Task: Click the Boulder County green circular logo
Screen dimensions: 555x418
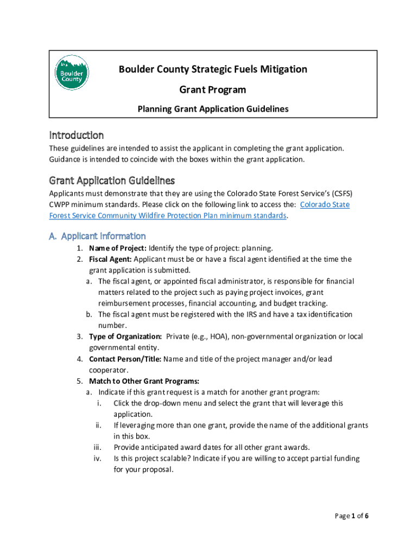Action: click(x=72, y=73)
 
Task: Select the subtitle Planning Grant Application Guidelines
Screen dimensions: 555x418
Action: click(x=213, y=109)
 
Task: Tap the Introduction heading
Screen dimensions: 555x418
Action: click(x=77, y=135)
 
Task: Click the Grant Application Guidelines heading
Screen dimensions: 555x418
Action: click(x=112, y=180)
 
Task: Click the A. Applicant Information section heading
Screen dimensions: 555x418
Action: click(x=97, y=236)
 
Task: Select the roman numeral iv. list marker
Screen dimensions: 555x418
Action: click(x=98, y=459)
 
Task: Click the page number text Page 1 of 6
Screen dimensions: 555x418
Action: click(x=352, y=516)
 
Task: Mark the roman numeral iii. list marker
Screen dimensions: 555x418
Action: click(x=98, y=447)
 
